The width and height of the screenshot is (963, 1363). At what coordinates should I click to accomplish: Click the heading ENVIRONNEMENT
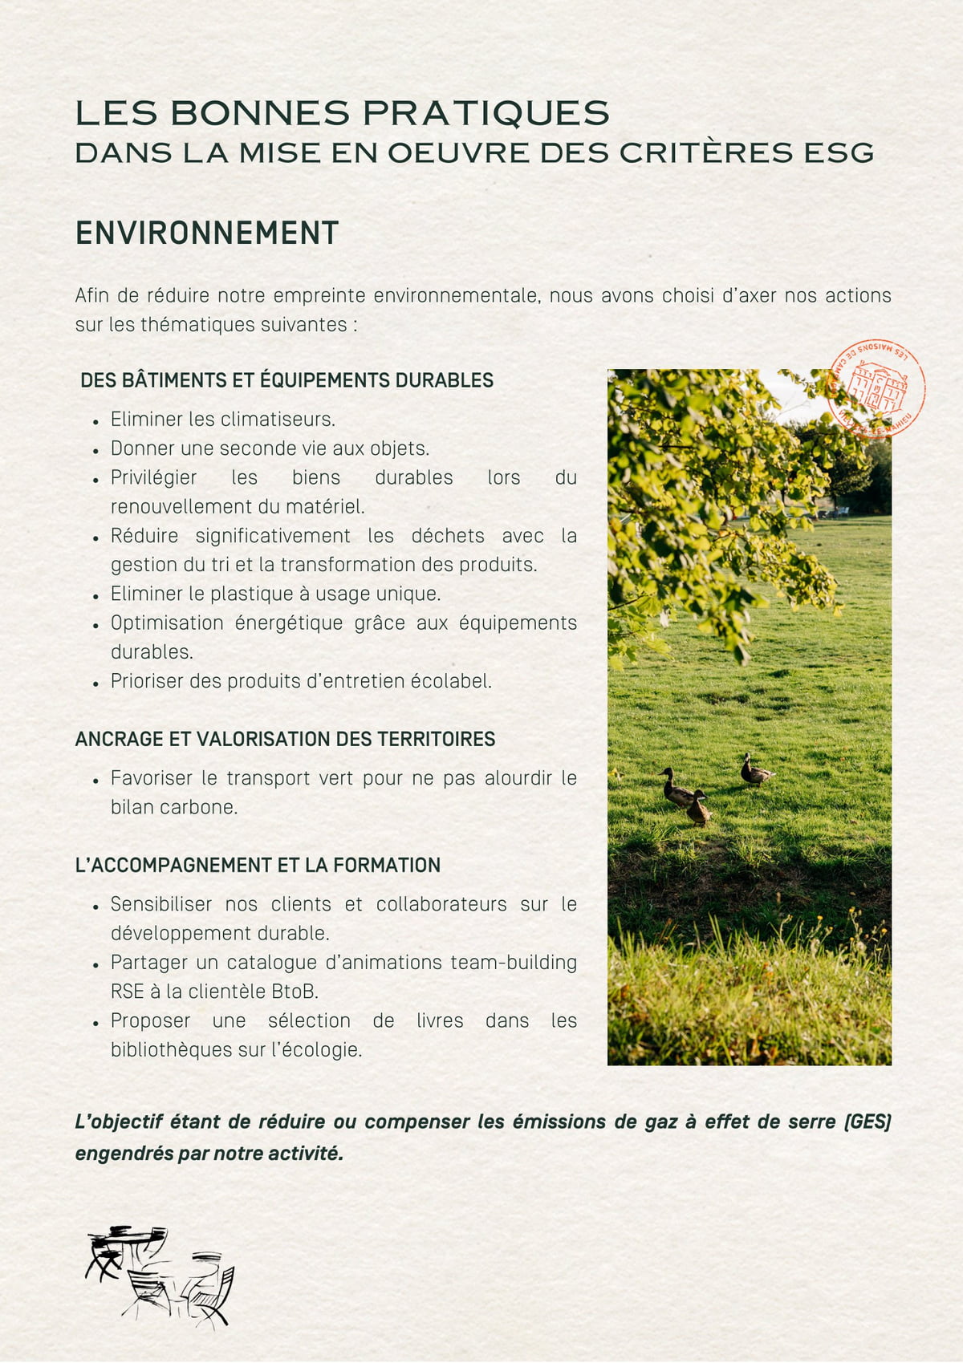tap(207, 233)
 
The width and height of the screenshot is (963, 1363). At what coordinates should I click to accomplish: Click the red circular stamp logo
tap(876, 388)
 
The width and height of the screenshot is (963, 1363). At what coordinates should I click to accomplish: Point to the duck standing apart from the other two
tap(755, 771)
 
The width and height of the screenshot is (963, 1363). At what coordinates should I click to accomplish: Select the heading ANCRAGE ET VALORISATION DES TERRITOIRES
tap(285, 739)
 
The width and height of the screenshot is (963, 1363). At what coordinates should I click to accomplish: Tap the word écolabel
tap(451, 681)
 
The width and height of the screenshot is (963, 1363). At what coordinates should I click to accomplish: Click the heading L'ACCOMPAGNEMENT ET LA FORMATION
tap(258, 865)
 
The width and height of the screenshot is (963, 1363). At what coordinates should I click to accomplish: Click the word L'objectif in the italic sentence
tap(119, 1122)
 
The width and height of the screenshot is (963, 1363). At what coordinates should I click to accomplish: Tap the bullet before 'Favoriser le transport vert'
tap(95, 780)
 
